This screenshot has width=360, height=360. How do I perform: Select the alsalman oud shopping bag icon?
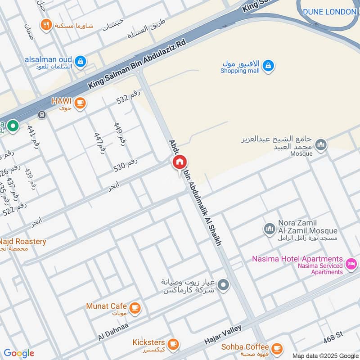point(81,61)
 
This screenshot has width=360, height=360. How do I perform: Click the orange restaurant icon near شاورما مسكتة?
point(45,25)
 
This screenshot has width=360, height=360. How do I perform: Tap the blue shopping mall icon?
point(268,66)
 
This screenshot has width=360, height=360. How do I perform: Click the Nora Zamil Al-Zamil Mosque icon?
point(269,229)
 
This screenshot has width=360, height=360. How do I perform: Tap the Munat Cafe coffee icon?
point(135,308)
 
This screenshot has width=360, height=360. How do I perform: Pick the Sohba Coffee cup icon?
point(277,348)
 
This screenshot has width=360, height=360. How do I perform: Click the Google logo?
point(19,353)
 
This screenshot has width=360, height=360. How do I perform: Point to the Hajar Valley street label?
point(224,334)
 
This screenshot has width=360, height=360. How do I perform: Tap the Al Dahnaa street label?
point(113,331)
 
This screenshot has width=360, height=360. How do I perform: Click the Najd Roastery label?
point(22,242)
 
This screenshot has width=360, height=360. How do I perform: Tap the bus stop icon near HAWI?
point(42,114)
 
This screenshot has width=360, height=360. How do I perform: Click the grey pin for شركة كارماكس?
point(223,285)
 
